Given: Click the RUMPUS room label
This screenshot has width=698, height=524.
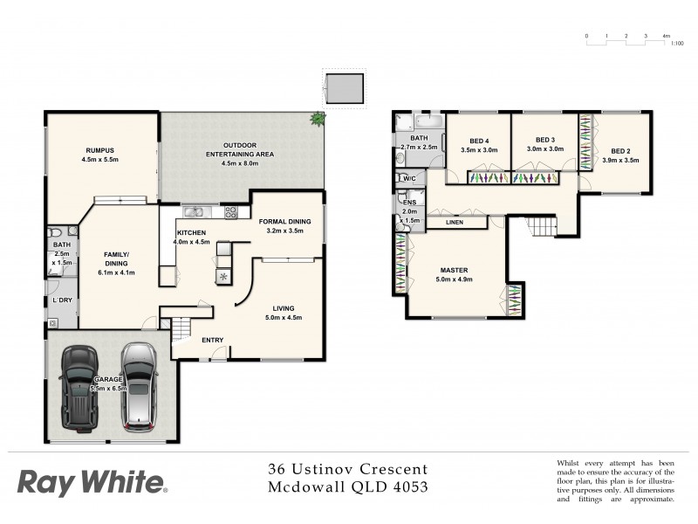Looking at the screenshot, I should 99,149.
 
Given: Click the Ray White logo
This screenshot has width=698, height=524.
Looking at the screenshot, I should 91,481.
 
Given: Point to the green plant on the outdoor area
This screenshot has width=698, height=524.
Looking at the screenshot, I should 318,119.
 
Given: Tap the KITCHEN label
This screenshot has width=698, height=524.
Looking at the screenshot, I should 191,232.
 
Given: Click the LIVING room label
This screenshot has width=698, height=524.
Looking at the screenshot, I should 283,308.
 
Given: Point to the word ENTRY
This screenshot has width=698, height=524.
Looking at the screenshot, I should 212,340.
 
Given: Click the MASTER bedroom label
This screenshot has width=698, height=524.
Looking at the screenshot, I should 454,271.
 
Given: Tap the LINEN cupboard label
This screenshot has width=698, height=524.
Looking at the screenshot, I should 454,223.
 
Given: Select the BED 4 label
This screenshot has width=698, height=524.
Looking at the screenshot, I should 479,141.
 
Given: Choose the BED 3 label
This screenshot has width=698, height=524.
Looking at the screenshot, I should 545,140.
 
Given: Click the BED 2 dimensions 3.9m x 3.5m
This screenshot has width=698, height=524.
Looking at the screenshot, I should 620,161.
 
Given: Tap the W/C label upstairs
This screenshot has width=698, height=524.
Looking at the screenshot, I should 408,179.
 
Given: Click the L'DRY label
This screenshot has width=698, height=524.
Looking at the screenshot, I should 62,300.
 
